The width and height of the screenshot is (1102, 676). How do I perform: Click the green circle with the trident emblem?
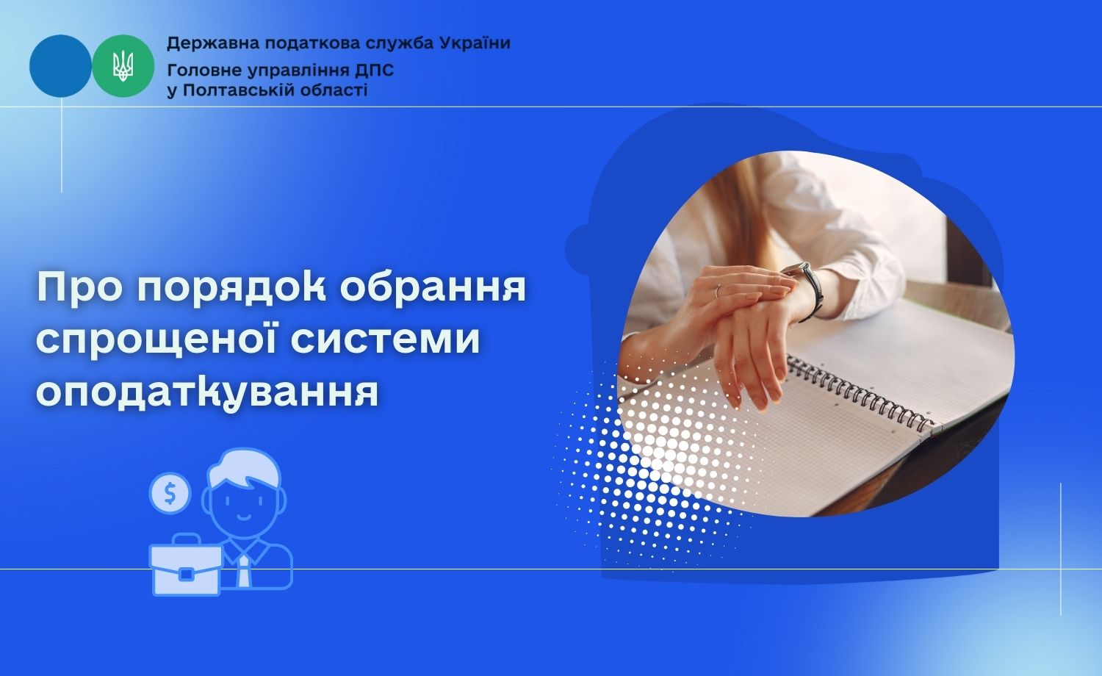[123, 66]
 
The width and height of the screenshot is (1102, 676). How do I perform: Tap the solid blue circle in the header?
[60, 66]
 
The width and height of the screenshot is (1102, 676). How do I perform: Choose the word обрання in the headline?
[433, 288]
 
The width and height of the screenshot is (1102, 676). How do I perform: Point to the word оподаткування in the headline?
[208, 392]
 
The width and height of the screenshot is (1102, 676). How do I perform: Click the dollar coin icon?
[170, 493]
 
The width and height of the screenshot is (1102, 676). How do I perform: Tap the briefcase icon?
[185, 566]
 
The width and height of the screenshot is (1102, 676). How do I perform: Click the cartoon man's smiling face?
[244, 504]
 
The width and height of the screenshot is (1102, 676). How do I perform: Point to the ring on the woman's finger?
[717, 291]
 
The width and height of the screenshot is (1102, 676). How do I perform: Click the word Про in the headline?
[79, 289]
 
